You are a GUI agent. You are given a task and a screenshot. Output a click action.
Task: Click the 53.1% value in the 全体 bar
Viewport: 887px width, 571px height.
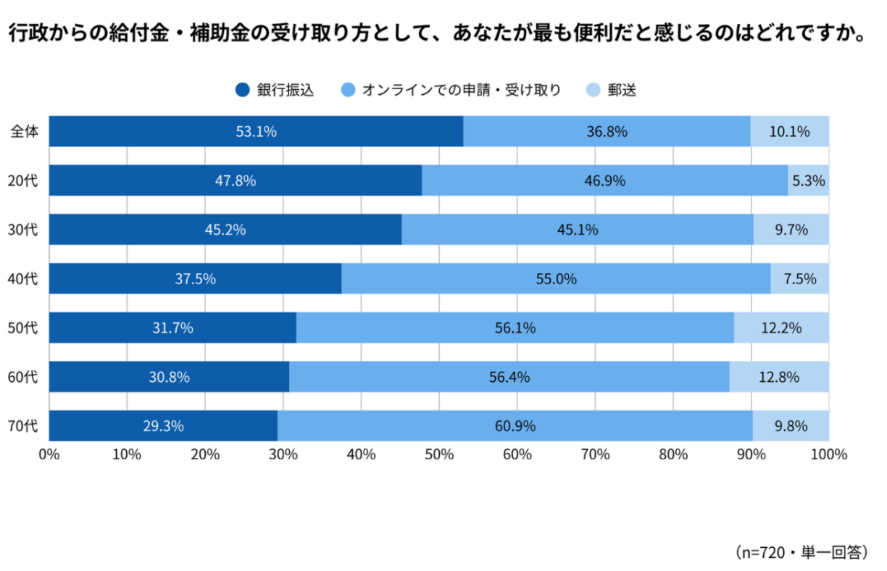point(256,131)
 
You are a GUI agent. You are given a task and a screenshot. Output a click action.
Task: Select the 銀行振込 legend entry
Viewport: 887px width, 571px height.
point(275,91)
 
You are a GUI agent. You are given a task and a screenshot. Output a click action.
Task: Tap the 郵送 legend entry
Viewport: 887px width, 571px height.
point(612,91)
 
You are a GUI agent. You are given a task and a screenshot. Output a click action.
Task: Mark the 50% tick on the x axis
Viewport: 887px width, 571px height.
point(439,454)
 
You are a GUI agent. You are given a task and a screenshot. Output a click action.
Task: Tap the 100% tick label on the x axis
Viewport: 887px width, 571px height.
point(829,454)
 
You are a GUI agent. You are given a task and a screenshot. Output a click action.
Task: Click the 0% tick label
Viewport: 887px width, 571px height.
point(49,454)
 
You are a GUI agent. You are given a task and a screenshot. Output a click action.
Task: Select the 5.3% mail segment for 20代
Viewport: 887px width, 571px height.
point(808,180)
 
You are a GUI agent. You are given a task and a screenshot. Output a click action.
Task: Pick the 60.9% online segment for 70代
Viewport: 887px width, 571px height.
point(515,425)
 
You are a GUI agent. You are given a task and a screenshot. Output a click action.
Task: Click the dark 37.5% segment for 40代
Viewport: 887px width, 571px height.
point(195,278)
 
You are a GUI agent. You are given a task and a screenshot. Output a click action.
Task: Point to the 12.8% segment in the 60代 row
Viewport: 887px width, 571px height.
point(779,377)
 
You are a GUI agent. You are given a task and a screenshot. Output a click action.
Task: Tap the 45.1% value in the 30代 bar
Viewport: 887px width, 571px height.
point(577,230)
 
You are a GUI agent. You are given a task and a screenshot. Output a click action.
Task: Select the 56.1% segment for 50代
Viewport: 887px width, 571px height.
point(515,328)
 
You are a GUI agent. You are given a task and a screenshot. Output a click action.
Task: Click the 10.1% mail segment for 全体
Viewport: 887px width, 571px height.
point(789,131)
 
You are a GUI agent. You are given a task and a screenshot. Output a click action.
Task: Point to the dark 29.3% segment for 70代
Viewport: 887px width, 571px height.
point(163,425)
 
